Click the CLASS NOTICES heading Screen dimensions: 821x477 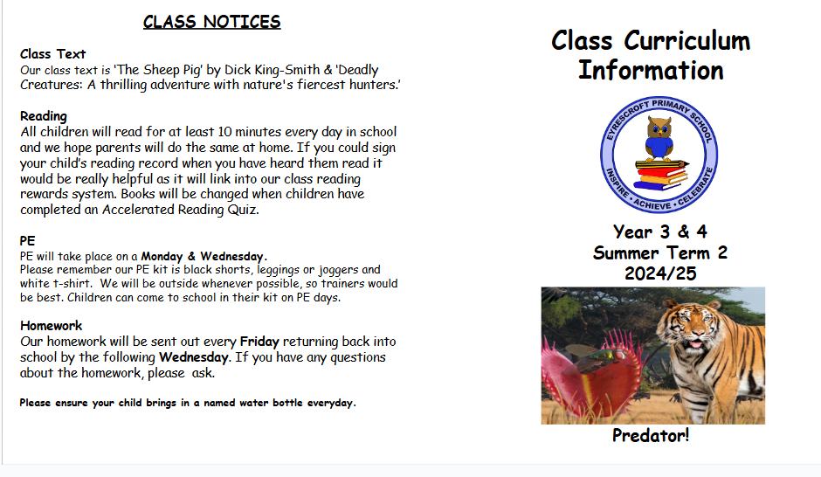tap(211, 22)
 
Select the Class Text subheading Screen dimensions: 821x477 tap(52, 54)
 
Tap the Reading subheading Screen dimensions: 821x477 tap(44, 116)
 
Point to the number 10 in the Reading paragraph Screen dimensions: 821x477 tap(224, 131)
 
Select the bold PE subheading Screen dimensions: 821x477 tap(27, 241)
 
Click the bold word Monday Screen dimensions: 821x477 tap(162, 256)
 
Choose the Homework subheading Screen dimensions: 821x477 tap(51, 326)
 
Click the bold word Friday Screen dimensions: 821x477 tap(259, 342)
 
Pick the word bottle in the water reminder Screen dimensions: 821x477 tap(287, 403)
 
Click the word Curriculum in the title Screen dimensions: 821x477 tap(687, 41)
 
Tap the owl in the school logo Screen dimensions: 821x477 tap(659, 138)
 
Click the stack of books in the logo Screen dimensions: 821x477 tap(660, 175)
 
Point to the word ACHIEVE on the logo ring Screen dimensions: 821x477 tap(652, 204)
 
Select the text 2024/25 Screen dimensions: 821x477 tap(660, 273)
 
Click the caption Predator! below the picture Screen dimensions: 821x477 tap(651, 436)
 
